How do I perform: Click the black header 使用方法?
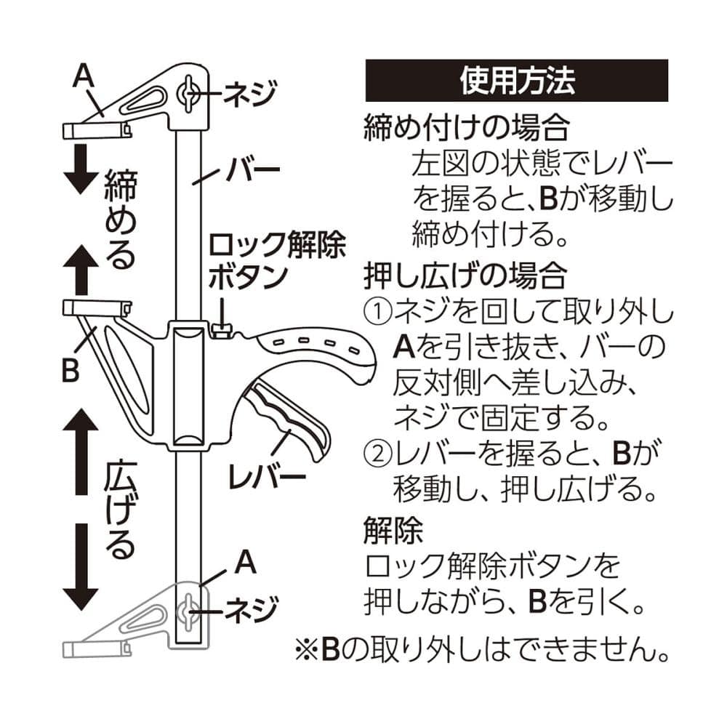(x=516, y=81)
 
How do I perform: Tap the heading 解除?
(x=393, y=533)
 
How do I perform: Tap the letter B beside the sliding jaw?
(x=70, y=369)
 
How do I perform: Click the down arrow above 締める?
(x=79, y=169)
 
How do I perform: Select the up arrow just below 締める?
(x=79, y=268)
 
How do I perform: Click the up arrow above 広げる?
(x=79, y=448)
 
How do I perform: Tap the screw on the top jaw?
(x=188, y=93)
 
